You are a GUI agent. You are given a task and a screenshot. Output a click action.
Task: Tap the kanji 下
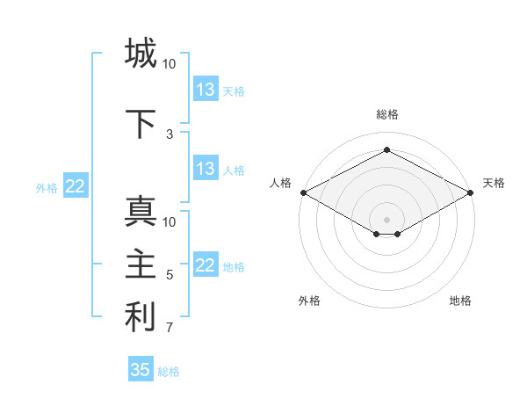(x=141, y=124)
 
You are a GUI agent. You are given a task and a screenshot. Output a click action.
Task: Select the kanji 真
(x=141, y=212)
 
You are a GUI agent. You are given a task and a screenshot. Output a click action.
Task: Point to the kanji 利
(x=141, y=317)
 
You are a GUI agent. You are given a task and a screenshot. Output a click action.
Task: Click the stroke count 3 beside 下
(x=170, y=134)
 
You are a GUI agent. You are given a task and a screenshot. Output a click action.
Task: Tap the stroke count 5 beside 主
(x=170, y=275)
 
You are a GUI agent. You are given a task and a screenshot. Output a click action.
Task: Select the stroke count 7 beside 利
(x=170, y=329)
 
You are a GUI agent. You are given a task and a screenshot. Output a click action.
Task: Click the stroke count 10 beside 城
(x=170, y=64)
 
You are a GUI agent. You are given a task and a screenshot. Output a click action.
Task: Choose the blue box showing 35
(x=141, y=370)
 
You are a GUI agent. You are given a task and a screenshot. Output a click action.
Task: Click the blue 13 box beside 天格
(x=206, y=90)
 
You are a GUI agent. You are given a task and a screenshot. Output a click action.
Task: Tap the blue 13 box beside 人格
(x=206, y=169)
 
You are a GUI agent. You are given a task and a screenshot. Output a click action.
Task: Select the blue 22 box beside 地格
(x=206, y=265)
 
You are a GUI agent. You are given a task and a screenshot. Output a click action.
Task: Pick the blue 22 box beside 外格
(x=76, y=186)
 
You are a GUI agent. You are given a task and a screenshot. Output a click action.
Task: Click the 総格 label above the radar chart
(x=386, y=114)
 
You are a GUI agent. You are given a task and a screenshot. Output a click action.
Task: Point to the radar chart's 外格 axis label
(x=309, y=301)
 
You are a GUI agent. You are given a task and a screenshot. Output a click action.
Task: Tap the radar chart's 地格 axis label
(x=460, y=301)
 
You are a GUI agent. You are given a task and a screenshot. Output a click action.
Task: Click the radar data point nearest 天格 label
(x=471, y=192)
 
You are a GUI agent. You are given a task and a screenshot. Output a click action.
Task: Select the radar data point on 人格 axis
(x=303, y=192)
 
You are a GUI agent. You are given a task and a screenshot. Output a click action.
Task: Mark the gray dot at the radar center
(x=386, y=219)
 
